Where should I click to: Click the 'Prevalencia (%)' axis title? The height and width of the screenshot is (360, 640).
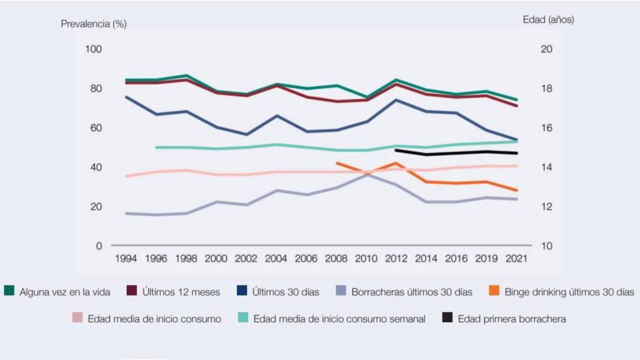pyautogui.click(x=93, y=24)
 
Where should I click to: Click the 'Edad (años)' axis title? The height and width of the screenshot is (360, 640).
pyautogui.click(x=548, y=20)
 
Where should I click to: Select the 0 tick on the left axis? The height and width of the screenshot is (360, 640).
pyautogui.click(x=98, y=246)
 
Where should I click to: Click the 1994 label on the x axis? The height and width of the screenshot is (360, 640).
pyautogui.click(x=126, y=258)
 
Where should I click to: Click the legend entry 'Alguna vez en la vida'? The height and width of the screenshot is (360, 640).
pyautogui.click(x=65, y=291)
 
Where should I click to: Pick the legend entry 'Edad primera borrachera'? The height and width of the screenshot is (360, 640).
pyautogui.click(x=505, y=319)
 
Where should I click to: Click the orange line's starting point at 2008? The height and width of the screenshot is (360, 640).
pyautogui.click(x=337, y=163)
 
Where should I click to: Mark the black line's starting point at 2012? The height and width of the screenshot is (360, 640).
pyautogui.click(x=396, y=150)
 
